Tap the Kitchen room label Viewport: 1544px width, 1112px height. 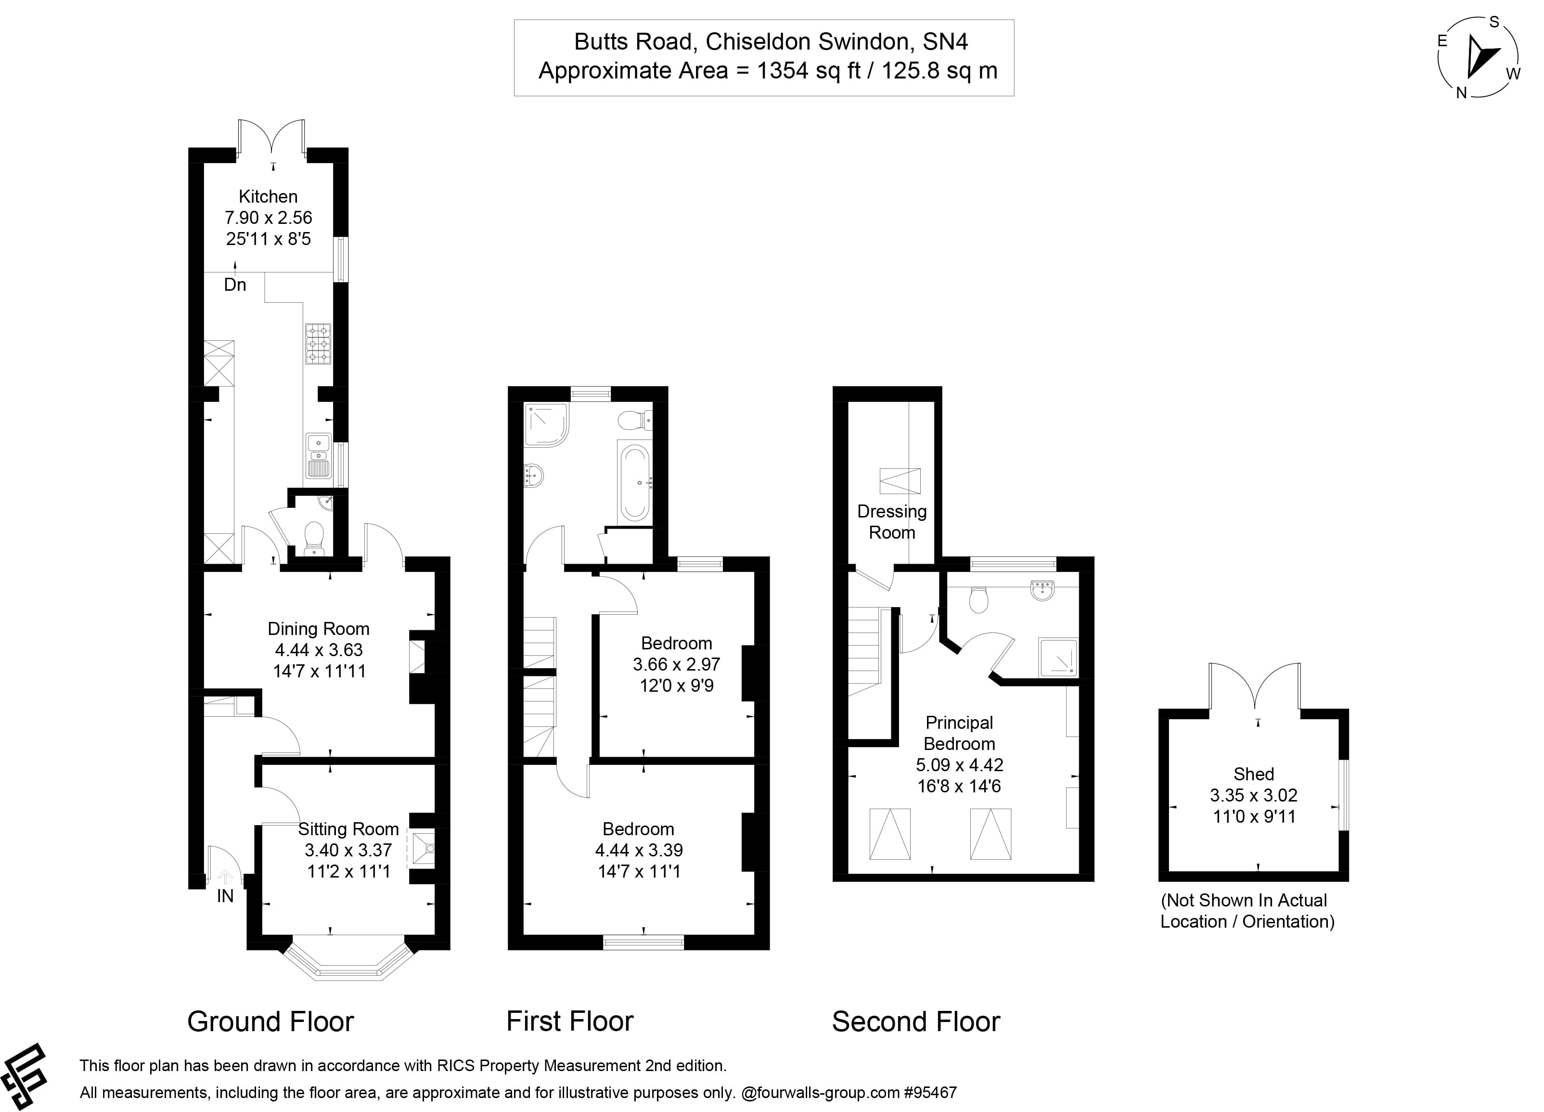pyautogui.click(x=268, y=197)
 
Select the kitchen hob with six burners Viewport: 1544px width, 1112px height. pyautogui.click(x=319, y=344)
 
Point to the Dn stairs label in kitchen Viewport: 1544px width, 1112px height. pyautogui.click(x=235, y=284)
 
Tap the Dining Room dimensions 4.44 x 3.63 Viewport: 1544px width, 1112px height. pyautogui.click(x=319, y=650)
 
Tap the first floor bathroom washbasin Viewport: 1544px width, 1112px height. pyautogui.click(x=533, y=475)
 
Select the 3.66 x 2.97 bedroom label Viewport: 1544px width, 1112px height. pyautogui.click(x=677, y=664)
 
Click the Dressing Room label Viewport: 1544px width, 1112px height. pyautogui.click(x=892, y=522)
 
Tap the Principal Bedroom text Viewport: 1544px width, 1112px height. pyautogui.click(x=959, y=733)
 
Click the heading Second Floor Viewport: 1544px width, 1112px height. pyautogui.click(x=915, y=1021)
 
